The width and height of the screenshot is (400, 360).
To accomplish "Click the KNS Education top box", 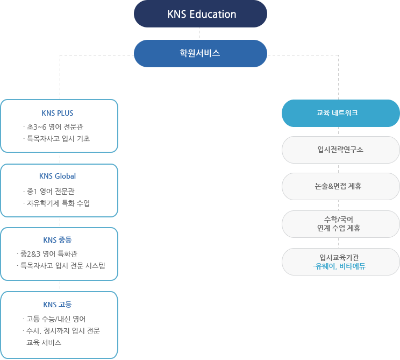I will [200, 14].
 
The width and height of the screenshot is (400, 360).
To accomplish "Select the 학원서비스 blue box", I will [200, 53].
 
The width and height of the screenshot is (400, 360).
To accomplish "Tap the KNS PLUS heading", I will [58, 113].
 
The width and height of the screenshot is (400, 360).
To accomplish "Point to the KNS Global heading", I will [58, 176].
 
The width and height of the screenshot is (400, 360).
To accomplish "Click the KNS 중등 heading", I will [58, 239].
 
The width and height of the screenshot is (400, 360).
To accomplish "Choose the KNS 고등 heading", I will [58, 304].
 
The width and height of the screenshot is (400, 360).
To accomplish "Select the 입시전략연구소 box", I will [340, 150].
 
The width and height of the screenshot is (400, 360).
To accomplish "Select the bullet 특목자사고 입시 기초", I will [58, 138].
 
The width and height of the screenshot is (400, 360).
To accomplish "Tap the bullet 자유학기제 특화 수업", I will [58, 203].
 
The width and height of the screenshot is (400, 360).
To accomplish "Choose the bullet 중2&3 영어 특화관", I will [51, 253].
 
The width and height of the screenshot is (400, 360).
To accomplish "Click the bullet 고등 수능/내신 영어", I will [56, 318].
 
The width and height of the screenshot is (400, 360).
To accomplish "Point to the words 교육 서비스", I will [44, 342].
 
